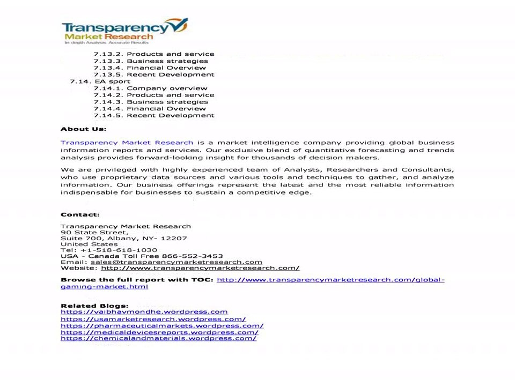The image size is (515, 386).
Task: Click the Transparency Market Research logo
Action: [x=124, y=31]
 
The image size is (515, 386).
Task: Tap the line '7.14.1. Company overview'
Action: [x=150, y=88]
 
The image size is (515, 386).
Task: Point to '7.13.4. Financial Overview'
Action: [x=150, y=68]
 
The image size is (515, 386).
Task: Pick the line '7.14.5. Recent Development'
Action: [x=154, y=115]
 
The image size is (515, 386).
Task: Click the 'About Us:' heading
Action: [x=83, y=129]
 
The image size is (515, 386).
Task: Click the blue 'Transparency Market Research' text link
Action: [x=127, y=143]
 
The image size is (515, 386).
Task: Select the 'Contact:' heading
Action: [x=80, y=214]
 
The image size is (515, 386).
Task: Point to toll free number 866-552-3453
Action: [x=192, y=256]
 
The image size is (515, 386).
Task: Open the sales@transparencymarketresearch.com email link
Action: [x=176, y=262]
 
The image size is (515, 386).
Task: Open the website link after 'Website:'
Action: [x=200, y=268]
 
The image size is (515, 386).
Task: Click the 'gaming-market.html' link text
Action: [x=104, y=287]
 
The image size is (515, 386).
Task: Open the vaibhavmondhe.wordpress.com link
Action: [x=144, y=312]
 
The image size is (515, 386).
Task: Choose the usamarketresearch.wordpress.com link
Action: [x=153, y=319]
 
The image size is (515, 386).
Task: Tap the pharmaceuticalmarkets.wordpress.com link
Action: [x=161, y=325]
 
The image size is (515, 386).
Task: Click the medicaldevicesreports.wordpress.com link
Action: [x=159, y=332]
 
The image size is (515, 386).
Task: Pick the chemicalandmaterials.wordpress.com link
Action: [x=158, y=339]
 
